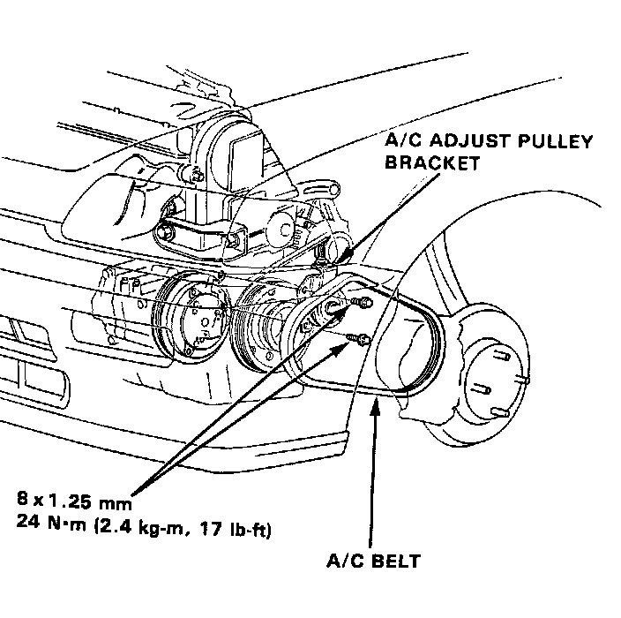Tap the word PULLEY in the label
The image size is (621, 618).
click(x=548, y=141)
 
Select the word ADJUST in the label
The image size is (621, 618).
click(x=468, y=141)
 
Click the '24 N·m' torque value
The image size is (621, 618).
click(x=50, y=531)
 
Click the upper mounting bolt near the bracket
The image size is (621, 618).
click(x=360, y=305)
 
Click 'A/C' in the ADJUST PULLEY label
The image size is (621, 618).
click(x=402, y=141)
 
